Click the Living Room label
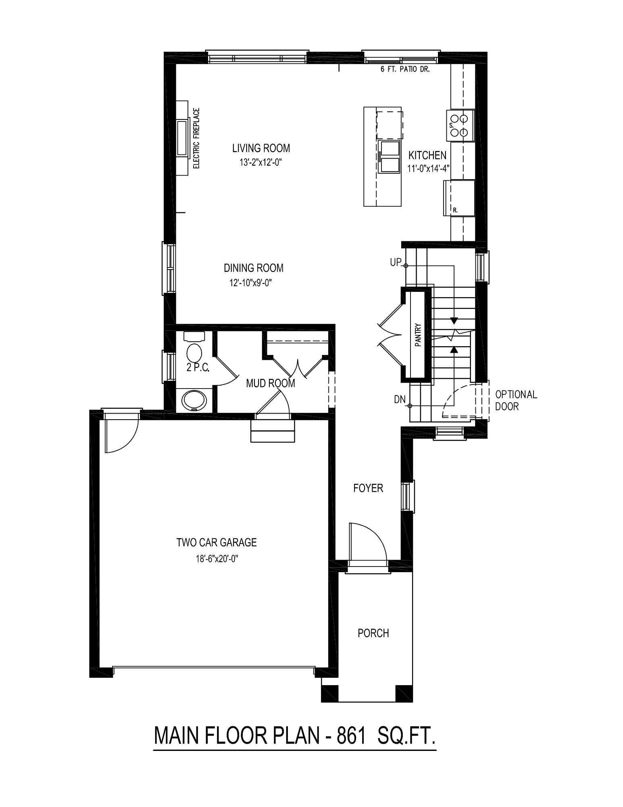click(x=261, y=148)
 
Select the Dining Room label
click(x=254, y=268)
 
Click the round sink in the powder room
click(x=195, y=401)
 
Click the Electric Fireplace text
click(x=197, y=138)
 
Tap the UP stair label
click(x=396, y=263)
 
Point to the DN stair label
click(x=400, y=399)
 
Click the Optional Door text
click(x=516, y=400)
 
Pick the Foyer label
click(x=368, y=488)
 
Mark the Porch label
click(x=373, y=633)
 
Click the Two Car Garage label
click(x=217, y=542)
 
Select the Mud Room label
click(x=271, y=383)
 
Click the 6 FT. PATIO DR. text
click(x=405, y=69)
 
